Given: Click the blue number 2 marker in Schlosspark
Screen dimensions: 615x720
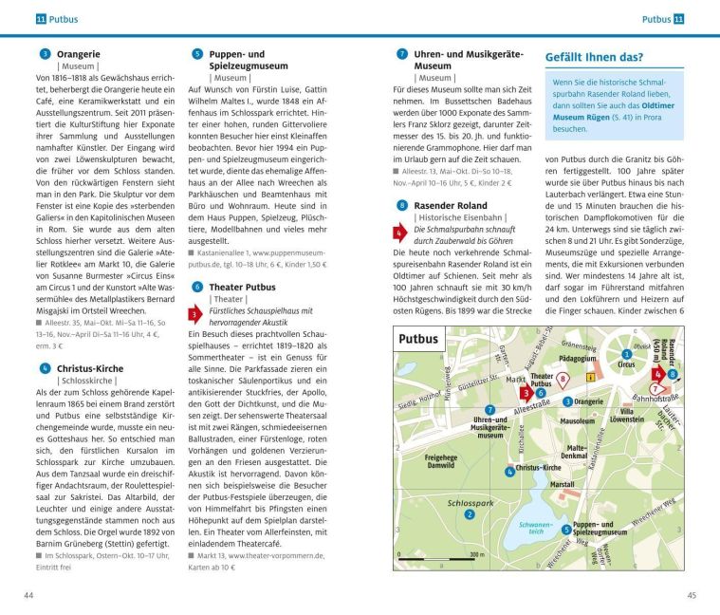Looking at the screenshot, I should click(470, 514).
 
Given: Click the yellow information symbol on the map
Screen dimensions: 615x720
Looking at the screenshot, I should click(591, 377).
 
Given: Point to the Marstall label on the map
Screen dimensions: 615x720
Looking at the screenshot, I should click(563, 484).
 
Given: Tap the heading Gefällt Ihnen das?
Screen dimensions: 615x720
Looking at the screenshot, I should click(594, 57).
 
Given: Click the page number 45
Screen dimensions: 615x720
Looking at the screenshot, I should click(692, 595).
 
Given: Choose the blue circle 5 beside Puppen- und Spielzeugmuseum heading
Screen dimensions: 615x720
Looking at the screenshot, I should click(196, 54).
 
